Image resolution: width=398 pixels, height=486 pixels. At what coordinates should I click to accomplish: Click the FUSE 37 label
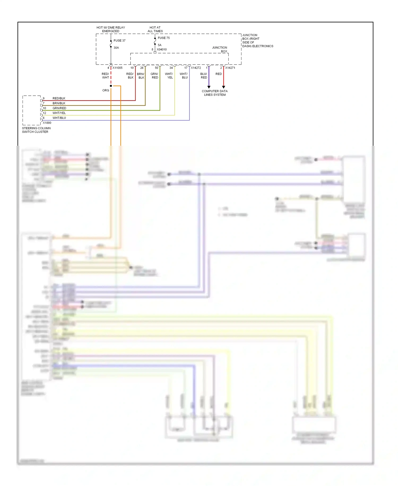click(119, 41)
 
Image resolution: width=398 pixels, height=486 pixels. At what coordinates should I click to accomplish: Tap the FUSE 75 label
click(163, 38)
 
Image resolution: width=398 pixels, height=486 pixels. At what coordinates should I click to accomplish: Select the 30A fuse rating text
click(116, 48)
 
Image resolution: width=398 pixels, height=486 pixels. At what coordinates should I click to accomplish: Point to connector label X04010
click(162, 49)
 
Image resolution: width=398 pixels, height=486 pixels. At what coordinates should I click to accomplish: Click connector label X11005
click(117, 68)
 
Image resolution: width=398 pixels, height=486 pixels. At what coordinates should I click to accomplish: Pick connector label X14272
click(196, 68)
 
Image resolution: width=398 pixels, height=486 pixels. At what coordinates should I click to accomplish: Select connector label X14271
click(230, 68)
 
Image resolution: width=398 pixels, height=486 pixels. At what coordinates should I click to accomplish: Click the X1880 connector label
click(47, 123)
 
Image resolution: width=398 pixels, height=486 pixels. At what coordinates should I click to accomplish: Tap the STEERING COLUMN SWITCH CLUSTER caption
click(36, 130)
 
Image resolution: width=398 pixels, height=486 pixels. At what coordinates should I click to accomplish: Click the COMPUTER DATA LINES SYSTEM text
click(215, 93)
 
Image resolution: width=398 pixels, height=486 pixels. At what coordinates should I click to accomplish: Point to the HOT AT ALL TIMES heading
click(155, 29)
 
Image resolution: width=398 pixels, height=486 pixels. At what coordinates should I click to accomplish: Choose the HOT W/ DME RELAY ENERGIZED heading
click(111, 29)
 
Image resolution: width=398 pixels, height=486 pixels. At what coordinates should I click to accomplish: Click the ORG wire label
click(106, 90)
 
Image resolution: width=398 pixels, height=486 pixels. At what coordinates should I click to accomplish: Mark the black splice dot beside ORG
click(111, 86)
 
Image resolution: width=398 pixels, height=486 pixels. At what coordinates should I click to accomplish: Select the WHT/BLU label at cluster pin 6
click(59, 118)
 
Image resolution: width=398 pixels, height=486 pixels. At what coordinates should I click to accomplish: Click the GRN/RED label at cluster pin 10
click(59, 108)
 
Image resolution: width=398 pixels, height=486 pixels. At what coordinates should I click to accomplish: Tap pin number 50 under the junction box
click(157, 68)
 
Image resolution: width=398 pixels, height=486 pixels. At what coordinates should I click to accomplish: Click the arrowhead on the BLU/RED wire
click(209, 87)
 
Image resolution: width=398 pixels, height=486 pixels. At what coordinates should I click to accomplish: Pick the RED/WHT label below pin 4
click(105, 76)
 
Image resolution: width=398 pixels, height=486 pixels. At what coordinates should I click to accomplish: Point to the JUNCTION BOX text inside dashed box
click(220, 49)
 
